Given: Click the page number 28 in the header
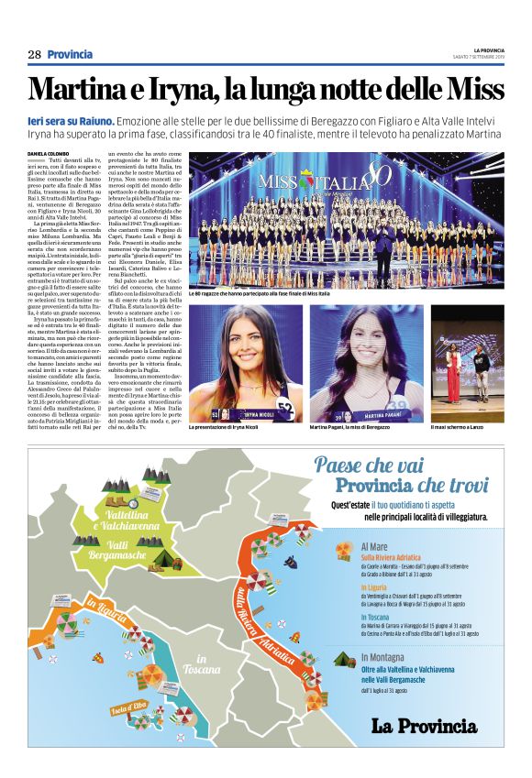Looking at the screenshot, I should tap(34, 54).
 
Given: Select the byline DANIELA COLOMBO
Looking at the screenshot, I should tap(50, 154).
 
